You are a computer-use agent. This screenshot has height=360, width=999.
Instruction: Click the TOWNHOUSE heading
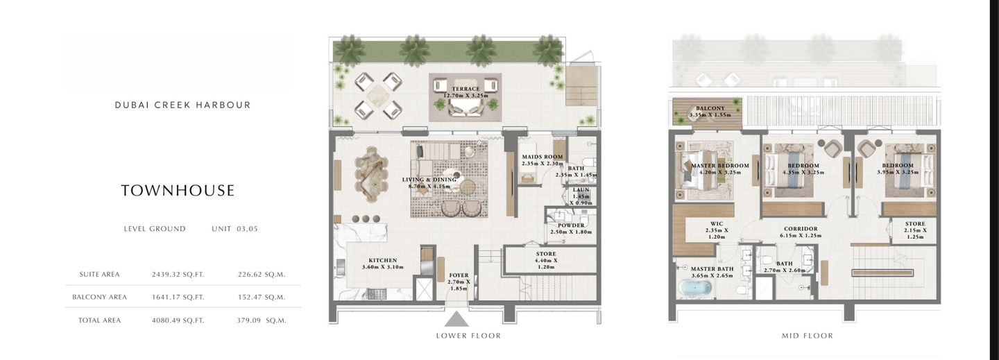coord(178,191)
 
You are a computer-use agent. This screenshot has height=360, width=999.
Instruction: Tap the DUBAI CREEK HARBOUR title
coord(183,105)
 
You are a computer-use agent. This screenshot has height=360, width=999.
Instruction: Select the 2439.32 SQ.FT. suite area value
coord(178,275)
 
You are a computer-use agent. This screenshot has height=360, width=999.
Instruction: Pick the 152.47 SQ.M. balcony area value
coord(262,297)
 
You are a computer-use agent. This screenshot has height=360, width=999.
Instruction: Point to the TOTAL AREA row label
coord(99,320)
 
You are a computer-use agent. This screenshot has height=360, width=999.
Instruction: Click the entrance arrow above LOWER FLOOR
coord(456,319)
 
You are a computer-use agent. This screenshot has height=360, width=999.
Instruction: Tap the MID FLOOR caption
coord(808,336)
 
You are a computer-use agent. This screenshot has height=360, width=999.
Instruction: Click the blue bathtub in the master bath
coord(695,288)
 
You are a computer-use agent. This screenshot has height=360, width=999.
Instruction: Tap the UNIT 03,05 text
coord(234,229)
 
